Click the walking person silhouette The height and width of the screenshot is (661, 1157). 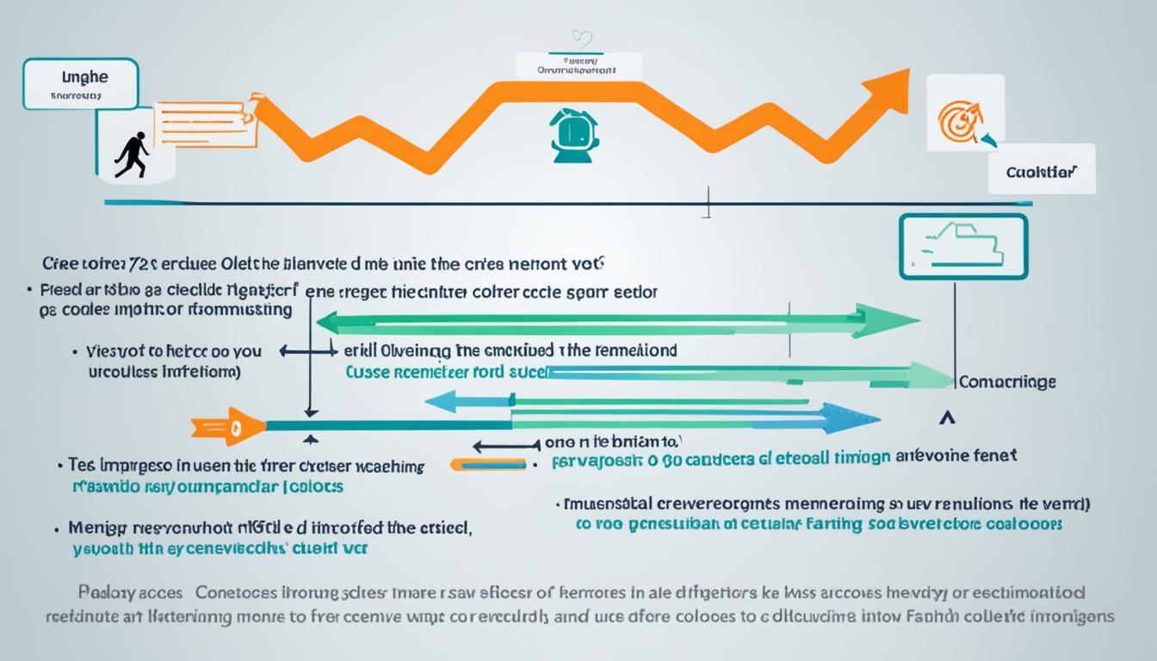(x=131, y=154)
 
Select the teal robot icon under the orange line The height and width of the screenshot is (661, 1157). (x=574, y=135)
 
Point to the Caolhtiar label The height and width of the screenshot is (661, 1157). (x=1041, y=171)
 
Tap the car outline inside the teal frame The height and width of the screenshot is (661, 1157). (x=962, y=244)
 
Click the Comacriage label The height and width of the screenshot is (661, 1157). (x=1006, y=382)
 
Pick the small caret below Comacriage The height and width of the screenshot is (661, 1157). (x=948, y=417)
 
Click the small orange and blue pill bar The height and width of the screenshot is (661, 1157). (x=488, y=465)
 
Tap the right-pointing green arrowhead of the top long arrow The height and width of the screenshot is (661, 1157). (x=887, y=320)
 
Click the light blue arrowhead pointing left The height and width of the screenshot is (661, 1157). (x=449, y=401)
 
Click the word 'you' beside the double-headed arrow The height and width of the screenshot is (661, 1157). (x=247, y=351)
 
